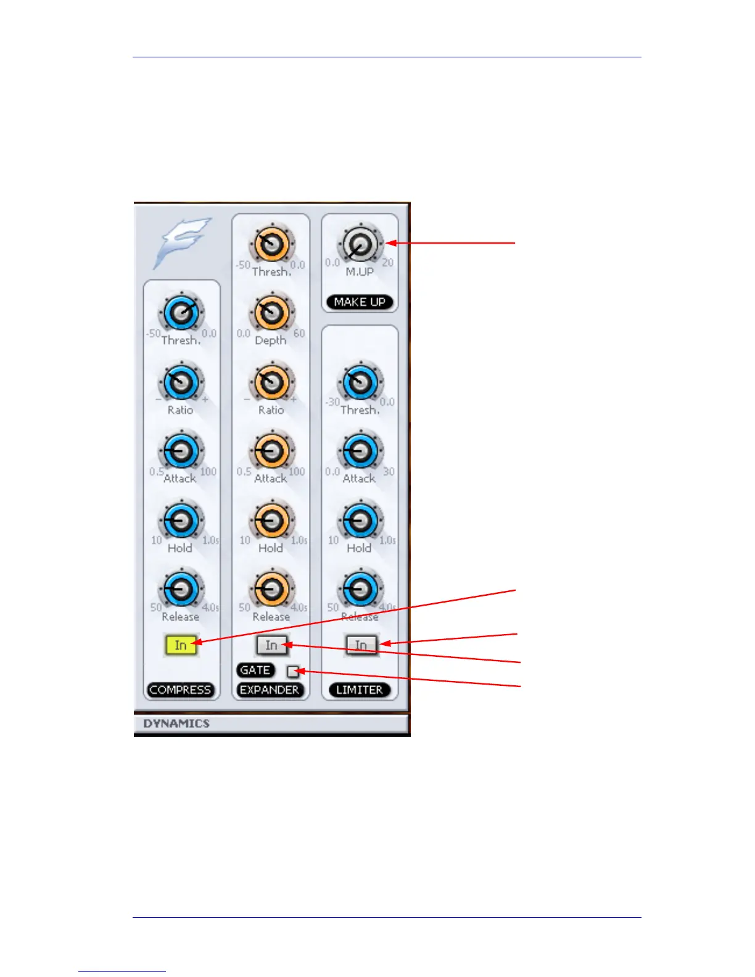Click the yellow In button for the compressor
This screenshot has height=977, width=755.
180,645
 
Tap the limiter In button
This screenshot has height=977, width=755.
361,645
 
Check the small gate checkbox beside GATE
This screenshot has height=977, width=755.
293,671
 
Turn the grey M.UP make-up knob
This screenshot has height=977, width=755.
360,245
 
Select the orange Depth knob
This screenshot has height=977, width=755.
271,313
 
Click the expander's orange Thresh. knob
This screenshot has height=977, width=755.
271,245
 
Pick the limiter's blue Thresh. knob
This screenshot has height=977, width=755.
360,383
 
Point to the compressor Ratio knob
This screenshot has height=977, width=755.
181,383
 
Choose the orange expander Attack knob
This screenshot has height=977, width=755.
271,452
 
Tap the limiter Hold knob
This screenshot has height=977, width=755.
360,521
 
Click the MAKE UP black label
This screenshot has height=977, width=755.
360,302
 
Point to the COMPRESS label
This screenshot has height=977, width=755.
180,690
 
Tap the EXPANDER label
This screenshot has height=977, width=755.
270,690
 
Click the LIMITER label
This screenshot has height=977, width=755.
360,690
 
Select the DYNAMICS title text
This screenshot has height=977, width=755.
176,723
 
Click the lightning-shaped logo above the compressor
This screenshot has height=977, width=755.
182,242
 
